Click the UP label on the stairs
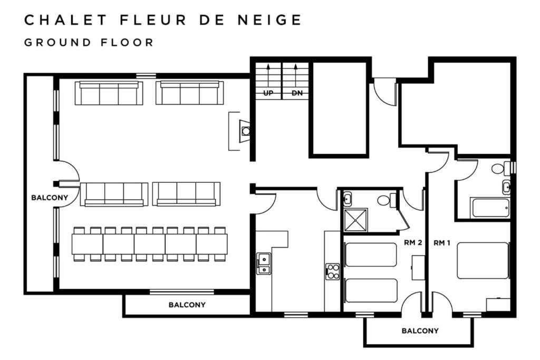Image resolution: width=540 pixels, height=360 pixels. coord(268,93)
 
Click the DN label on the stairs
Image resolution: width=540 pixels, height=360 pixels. coord(297,93)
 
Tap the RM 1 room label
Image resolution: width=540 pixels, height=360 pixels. coord(442,243)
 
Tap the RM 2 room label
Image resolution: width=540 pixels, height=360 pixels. coord(413,242)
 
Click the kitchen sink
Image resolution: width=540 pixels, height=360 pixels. coord(264,264)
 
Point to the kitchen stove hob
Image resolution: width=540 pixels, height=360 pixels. coord(333,271)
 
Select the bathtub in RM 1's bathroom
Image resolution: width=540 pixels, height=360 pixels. coord(490,208)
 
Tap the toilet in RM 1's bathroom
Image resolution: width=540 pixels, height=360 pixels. coord(500,168)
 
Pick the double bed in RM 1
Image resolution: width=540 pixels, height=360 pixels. coord(483,260)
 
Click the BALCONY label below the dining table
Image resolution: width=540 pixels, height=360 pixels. coord(187,305)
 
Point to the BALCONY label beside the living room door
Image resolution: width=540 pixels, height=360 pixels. coord(50,198)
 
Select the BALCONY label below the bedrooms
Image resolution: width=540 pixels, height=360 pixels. coord(420,330)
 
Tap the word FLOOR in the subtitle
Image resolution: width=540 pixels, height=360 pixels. coord(127,43)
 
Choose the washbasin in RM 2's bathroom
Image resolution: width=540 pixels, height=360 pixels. coord(347,198)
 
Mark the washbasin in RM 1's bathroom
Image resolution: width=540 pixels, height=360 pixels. coord(506,187)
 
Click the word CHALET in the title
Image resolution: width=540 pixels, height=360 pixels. coord(65,20)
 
